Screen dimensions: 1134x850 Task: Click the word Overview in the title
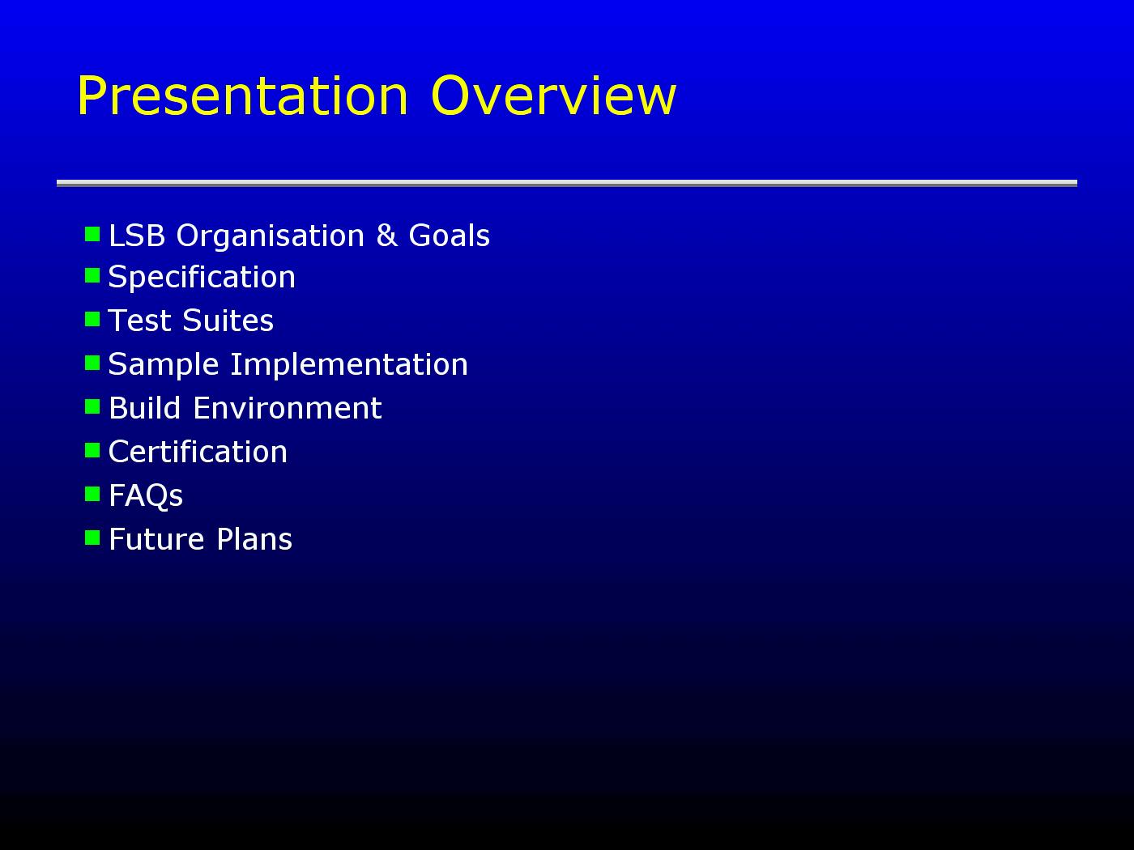point(553,96)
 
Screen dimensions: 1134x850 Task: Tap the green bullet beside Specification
point(92,275)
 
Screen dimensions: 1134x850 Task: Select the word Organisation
point(271,236)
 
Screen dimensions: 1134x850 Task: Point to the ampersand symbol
point(387,235)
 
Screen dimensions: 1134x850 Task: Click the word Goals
point(449,236)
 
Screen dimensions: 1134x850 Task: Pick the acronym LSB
point(137,236)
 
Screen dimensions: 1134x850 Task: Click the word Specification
point(202,277)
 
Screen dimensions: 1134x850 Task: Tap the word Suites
point(228,321)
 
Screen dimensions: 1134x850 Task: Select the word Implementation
point(349,365)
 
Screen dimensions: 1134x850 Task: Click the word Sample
point(164,365)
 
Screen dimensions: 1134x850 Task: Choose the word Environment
point(288,408)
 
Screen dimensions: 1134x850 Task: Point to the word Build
point(145,408)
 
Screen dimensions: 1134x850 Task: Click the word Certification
point(198,452)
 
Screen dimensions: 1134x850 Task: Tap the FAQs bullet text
point(146,496)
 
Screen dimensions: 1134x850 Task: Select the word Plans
point(254,540)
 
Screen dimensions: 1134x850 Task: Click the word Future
point(156,540)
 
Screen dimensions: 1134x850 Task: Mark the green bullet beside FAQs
point(92,494)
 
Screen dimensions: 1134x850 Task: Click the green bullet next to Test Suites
point(92,319)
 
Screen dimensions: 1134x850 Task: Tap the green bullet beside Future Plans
point(92,538)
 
